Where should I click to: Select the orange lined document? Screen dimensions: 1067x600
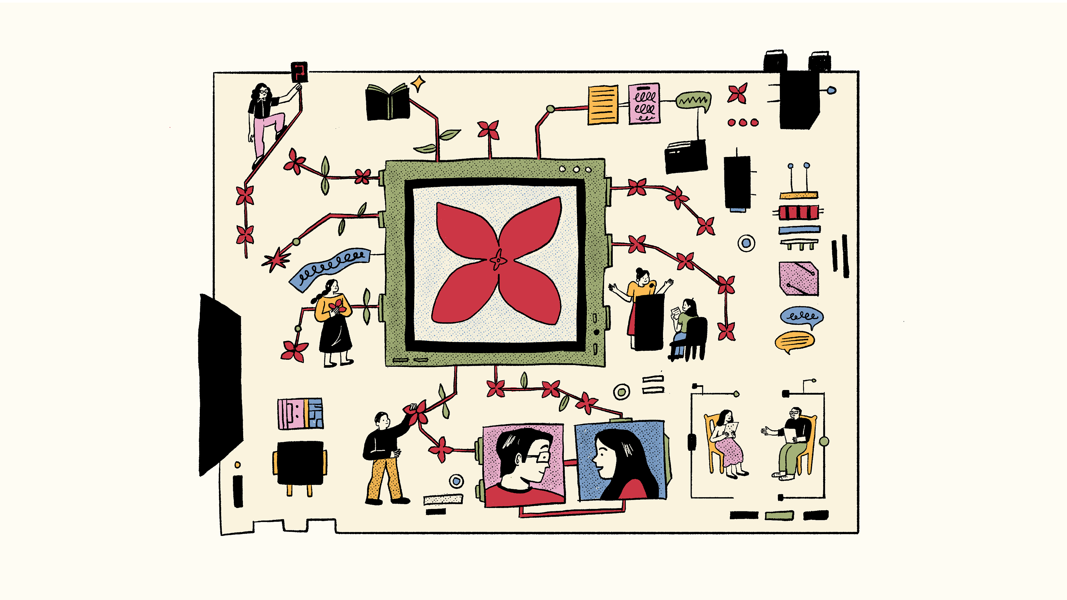[x=603, y=104]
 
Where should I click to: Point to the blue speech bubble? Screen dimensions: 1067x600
[x=801, y=316]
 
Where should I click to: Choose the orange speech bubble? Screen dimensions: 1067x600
[x=794, y=341]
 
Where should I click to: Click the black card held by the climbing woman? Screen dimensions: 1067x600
[x=299, y=72]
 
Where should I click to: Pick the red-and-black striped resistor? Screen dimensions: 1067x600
[x=798, y=212]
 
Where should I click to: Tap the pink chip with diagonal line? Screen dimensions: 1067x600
[x=798, y=278]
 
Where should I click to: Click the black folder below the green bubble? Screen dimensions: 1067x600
[x=685, y=157]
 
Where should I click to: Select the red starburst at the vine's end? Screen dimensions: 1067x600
[x=275, y=260]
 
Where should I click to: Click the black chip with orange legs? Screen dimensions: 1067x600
[x=300, y=463]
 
